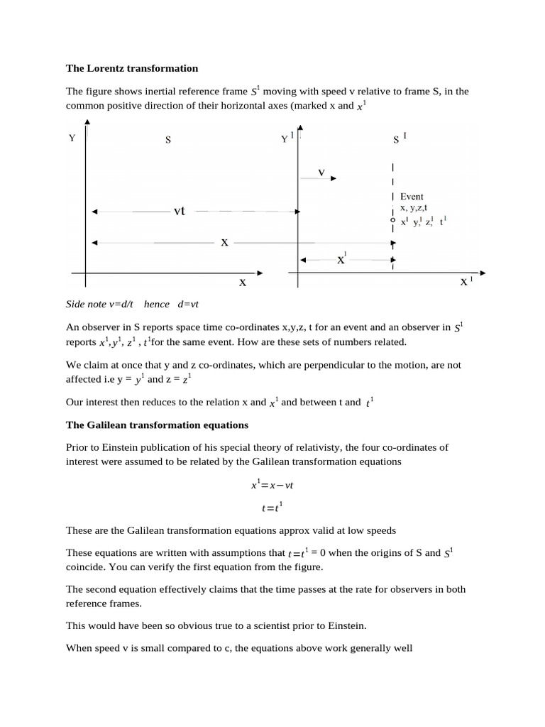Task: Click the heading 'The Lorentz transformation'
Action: [132, 69]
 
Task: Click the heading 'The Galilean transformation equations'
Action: [157, 425]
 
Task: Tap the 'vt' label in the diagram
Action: [180, 211]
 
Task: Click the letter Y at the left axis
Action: [72, 138]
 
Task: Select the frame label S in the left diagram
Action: [168, 140]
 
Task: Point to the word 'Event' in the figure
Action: [412, 197]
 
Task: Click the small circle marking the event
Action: [392, 221]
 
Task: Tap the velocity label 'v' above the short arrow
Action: [321, 173]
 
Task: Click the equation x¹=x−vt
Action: [272, 486]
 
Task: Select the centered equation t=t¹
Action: [272, 508]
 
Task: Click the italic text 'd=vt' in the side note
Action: [188, 304]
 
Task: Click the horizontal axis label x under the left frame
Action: [242, 283]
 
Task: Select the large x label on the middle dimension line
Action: [224, 243]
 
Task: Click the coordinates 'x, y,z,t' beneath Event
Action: [414, 208]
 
